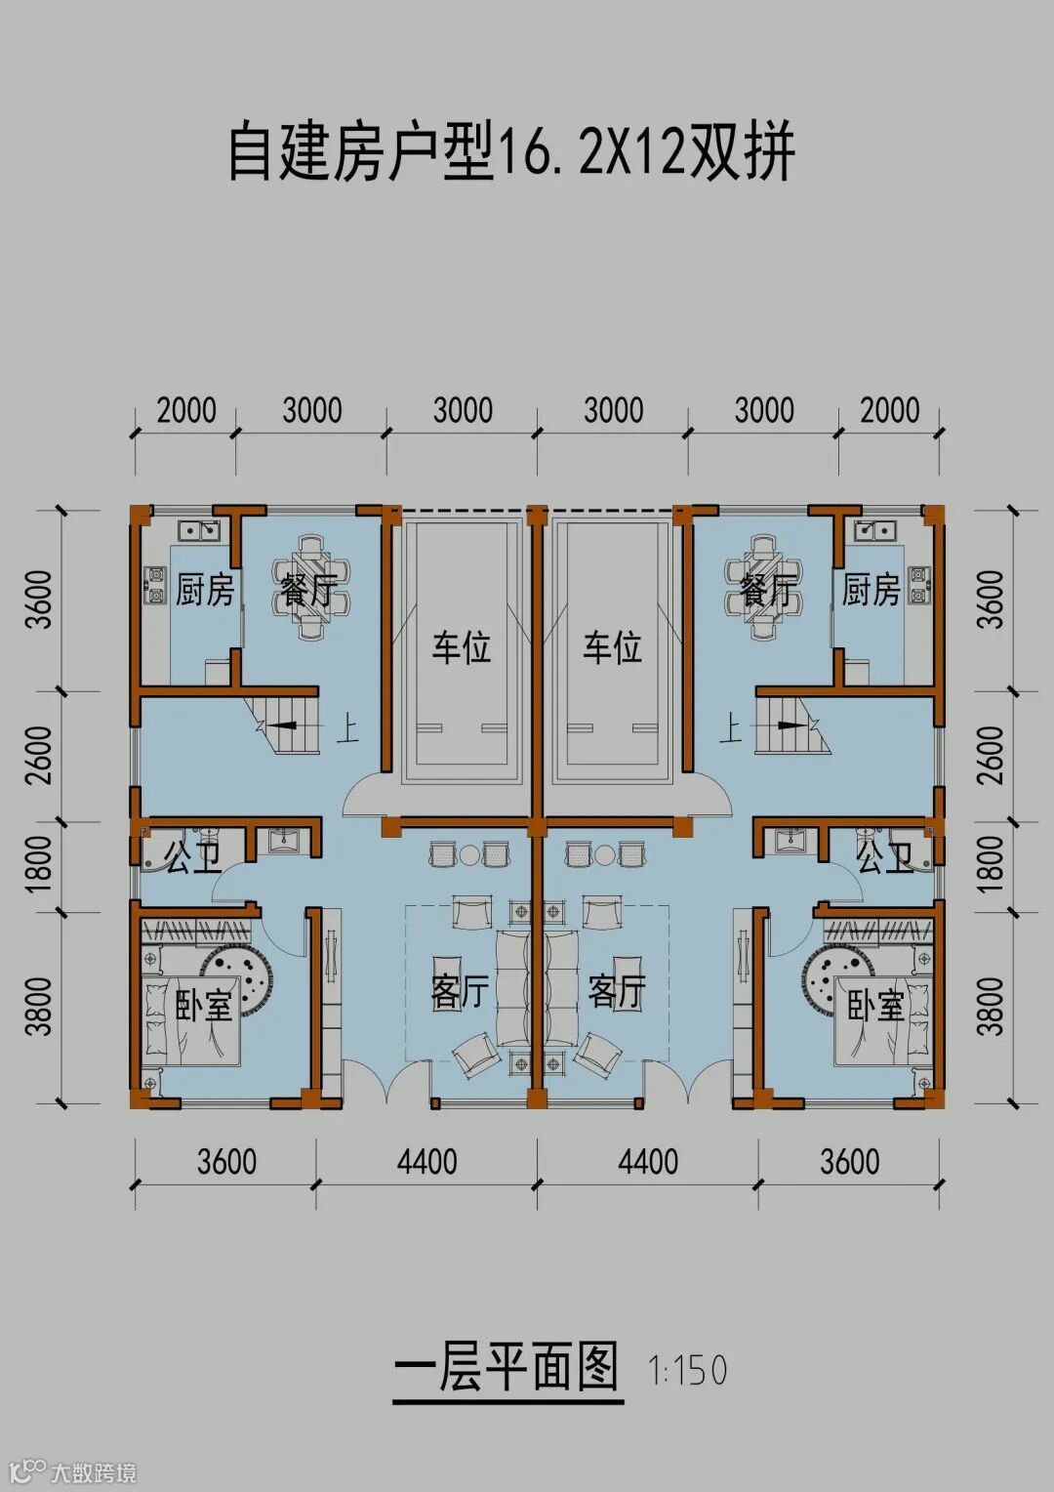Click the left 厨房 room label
(x=205, y=590)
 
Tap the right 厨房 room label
(x=871, y=590)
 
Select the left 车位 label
(x=462, y=646)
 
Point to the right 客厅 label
(x=617, y=991)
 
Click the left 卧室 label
(x=204, y=1005)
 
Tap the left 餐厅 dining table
(x=310, y=586)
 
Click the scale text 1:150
(x=688, y=1370)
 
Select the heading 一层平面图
(x=507, y=1367)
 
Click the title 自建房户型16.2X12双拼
(x=511, y=153)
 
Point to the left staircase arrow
(x=282, y=725)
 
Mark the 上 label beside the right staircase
(x=730, y=727)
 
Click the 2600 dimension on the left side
(x=39, y=754)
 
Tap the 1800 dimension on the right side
(x=990, y=862)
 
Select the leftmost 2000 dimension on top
(x=186, y=410)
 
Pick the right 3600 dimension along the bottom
(x=849, y=1162)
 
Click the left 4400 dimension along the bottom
(x=426, y=1162)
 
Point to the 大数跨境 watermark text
(x=93, y=1471)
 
